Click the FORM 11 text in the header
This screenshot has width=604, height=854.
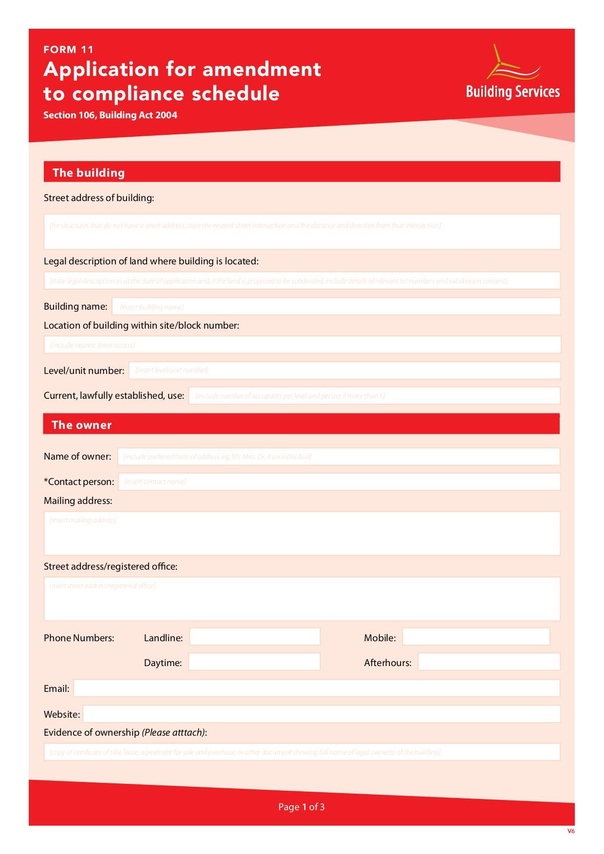pyautogui.click(x=68, y=50)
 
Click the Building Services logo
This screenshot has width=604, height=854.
pyautogui.click(x=512, y=73)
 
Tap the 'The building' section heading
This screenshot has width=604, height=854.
pyautogui.click(x=89, y=172)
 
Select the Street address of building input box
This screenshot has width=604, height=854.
pyautogui.click(x=302, y=232)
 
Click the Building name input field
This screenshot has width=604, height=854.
pyautogui.click(x=336, y=307)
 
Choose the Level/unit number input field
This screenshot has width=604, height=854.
pyautogui.click(x=344, y=371)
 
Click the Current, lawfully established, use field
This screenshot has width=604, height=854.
pyautogui.click(x=374, y=396)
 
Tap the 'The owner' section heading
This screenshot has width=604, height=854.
pyautogui.click(x=82, y=425)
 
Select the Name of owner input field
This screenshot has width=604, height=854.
pyautogui.click(x=338, y=457)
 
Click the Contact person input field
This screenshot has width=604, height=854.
pyautogui.click(x=339, y=482)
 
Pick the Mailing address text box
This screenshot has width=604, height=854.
pyautogui.click(x=302, y=534)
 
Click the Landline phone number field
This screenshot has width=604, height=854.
pyautogui.click(x=255, y=637)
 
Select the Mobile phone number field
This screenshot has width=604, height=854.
pyautogui.click(x=476, y=637)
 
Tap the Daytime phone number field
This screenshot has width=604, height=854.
pyautogui.click(x=254, y=662)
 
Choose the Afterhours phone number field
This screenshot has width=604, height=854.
pyautogui.click(x=489, y=662)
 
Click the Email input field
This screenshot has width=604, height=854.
pyautogui.click(x=316, y=688)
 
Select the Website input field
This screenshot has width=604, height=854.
pyautogui.click(x=321, y=714)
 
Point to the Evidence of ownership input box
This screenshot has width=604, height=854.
pyautogui.click(x=302, y=752)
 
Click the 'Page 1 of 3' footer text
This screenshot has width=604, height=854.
pyautogui.click(x=301, y=807)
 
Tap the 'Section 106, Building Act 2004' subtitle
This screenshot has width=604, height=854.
pyautogui.click(x=110, y=115)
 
